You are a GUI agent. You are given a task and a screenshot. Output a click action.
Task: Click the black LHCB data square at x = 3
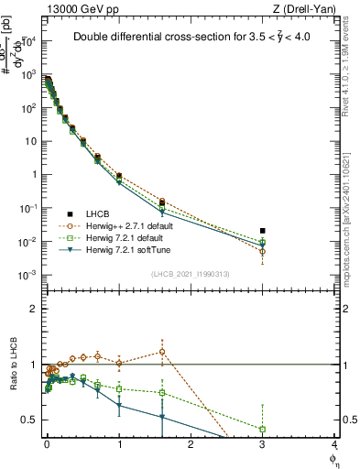click(x=263, y=231)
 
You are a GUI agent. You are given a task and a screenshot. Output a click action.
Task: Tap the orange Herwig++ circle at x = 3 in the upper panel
click(x=263, y=251)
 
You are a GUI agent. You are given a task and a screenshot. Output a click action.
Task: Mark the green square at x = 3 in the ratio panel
click(x=263, y=429)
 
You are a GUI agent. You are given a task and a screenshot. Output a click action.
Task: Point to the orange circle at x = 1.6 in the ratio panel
click(x=161, y=352)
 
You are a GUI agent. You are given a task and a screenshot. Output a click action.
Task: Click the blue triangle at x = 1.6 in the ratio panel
click(x=161, y=418)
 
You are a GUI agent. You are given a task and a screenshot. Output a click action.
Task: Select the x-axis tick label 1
click(x=119, y=445)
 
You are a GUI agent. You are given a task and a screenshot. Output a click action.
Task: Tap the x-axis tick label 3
click(x=263, y=445)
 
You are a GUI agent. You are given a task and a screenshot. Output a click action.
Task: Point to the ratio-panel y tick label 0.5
click(x=33, y=420)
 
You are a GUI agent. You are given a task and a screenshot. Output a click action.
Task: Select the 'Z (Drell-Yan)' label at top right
click(x=308, y=8)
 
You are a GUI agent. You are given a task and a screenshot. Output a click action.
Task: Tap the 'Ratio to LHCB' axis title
click(x=13, y=365)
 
